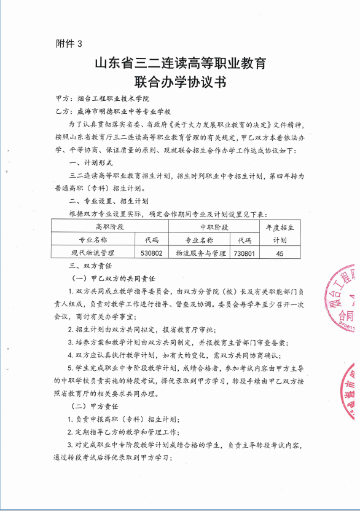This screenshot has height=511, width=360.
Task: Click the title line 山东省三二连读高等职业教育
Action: click(179, 63)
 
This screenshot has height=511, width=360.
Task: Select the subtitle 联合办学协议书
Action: click(179, 82)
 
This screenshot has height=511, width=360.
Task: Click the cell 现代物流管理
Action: click(93, 253)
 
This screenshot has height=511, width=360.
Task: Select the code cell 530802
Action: click(151, 253)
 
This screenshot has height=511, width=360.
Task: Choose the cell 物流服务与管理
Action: click(200, 253)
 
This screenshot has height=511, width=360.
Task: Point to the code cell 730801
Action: click(245, 253)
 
